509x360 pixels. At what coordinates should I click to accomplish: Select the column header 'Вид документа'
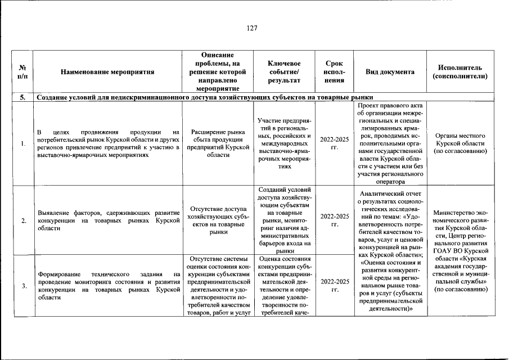[390, 72]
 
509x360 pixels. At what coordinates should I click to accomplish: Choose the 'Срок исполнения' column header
[334, 72]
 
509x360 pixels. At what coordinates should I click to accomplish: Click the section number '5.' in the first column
[21, 97]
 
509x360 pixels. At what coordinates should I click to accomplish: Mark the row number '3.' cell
[21, 286]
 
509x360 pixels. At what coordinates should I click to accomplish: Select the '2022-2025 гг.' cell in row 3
[334, 286]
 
